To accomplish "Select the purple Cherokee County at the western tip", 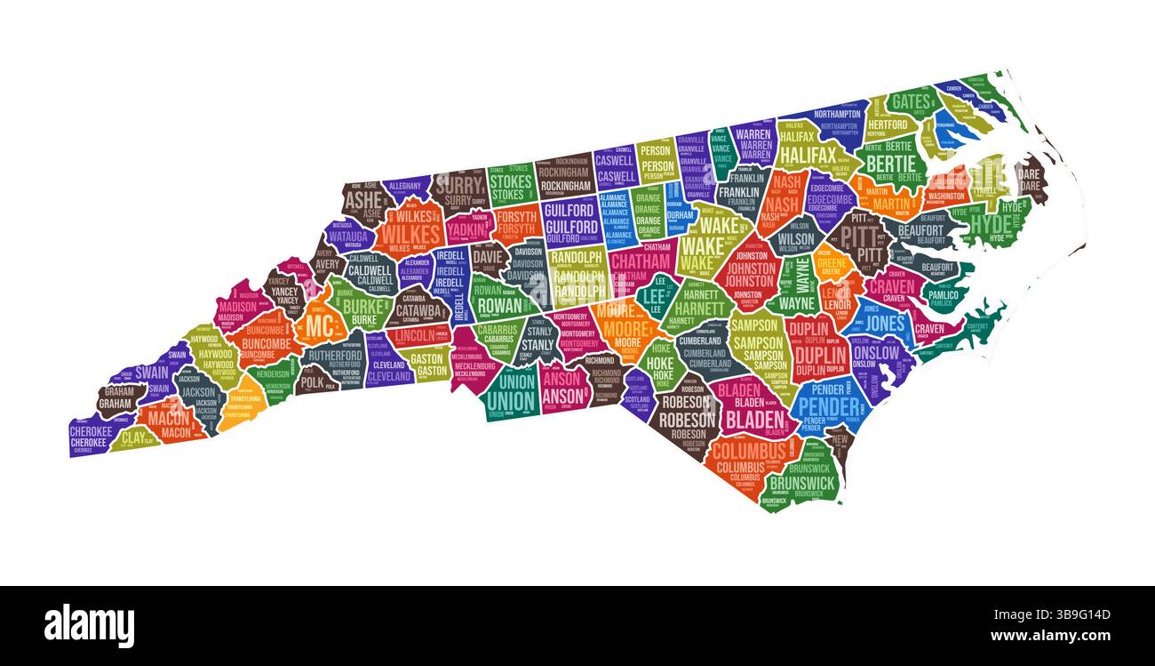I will tap(89, 436).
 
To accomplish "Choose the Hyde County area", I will tap(990, 222).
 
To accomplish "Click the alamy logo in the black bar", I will tap(89, 625).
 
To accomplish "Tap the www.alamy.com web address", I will tap(1049, 636).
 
